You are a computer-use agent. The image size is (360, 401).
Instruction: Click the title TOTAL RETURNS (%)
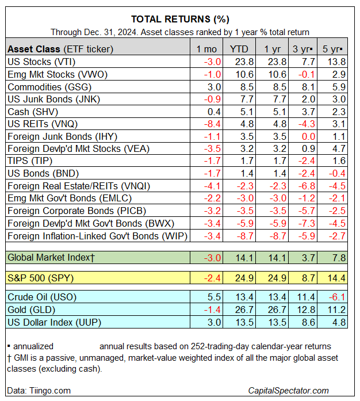click(x=179, y=19)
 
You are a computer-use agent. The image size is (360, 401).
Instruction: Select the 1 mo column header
click(x=206, y=49)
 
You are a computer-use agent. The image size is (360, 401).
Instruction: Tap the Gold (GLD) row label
click(x=33, y=310)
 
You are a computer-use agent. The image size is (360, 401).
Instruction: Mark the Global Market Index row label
click(x=51, y=258)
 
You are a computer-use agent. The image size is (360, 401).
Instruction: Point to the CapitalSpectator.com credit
click(x=297, y=391)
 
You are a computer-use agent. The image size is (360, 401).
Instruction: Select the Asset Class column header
click(x=60, y=49)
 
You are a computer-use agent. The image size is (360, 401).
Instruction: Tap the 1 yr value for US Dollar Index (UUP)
click(x=273, y=322)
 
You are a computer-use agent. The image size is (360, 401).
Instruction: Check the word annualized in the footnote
click(x=33, y=346)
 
